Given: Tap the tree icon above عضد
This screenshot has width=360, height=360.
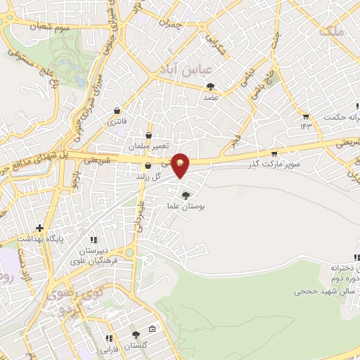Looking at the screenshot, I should (210, 86).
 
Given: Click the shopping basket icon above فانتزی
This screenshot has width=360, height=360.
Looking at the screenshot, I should (117, 110).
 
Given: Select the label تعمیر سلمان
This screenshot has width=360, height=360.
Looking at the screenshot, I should (148, 146).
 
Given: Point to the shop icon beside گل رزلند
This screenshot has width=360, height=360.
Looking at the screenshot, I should (147, 166).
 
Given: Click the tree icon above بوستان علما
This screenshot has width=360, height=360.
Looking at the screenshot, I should (186, 195).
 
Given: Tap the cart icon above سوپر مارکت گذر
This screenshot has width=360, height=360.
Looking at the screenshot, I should (274, 153).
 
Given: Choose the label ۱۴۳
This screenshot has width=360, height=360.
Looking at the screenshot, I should (305, 127).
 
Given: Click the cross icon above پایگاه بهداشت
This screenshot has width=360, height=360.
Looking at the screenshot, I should (39, 228).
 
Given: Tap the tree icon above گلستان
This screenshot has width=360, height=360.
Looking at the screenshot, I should (136, 335).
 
